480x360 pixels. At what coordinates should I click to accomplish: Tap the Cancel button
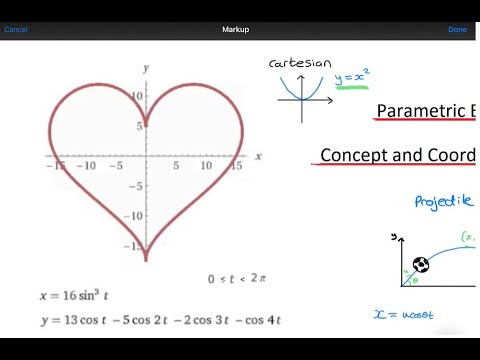click(16, 29)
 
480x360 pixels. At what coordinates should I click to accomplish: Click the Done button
click(457, 29)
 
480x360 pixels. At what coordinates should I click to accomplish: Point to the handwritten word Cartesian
click(300, 63)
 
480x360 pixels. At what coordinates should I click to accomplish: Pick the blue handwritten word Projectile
click(443, 201)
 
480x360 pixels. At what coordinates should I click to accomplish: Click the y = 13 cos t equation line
click(160, 320)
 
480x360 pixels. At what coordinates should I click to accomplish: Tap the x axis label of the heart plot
click(258, 157)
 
